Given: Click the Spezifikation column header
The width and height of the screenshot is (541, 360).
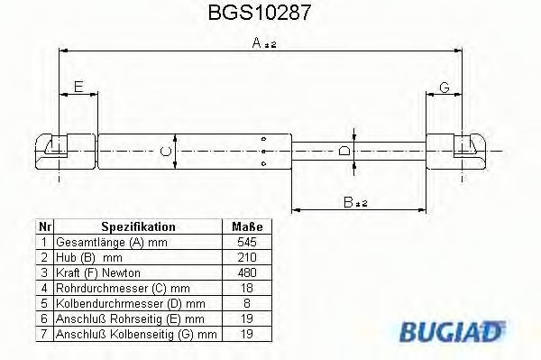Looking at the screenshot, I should click(x=138, y=227).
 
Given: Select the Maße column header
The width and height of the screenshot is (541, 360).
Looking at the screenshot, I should click(x=247, y=227).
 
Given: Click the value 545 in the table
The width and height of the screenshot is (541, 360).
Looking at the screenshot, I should click(x=247, y=243).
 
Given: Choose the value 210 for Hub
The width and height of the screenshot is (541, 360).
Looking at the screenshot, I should click(x=247, y=258).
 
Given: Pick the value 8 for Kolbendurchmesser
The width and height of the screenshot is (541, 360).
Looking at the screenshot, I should click(x=247, y=304).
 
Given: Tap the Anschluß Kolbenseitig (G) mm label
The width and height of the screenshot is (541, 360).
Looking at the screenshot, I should click(x=136, y=334).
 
